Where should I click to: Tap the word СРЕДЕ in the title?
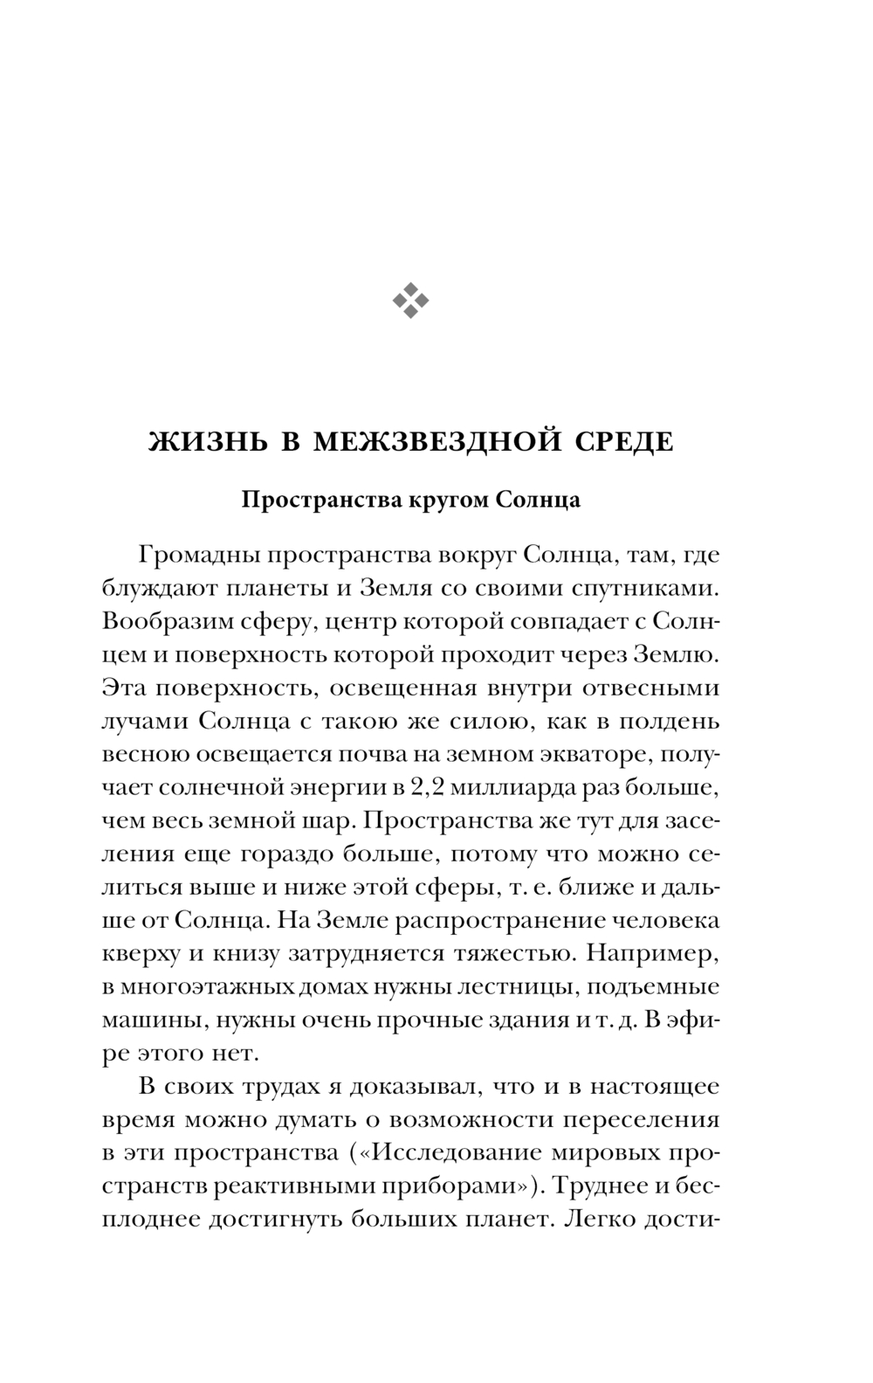click(626, 442)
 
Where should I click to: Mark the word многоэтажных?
click(214, 987)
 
